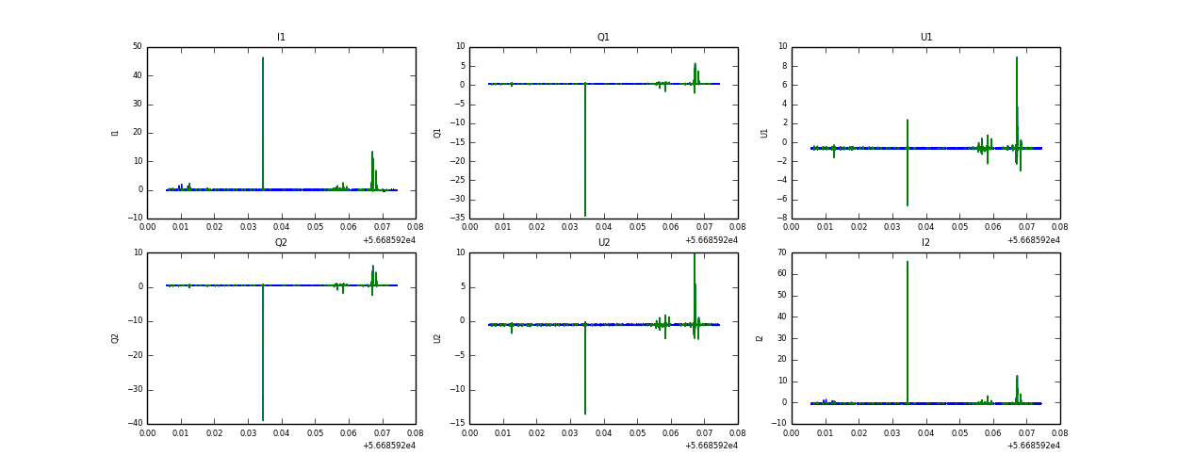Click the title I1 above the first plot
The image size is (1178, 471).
coord(281,38)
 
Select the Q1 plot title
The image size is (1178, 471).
coord(603,38)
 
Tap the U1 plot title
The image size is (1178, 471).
coord(925,38)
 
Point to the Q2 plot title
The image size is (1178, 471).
coord(281,243)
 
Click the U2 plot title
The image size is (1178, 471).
coord(603,243)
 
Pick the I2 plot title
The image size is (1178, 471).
coord(925,243)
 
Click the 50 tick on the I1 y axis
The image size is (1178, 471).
coord(138,47)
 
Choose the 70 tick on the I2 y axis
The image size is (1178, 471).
coord(780,252)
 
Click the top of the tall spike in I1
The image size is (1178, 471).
coord(263,58)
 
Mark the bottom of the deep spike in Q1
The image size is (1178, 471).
coord(585,215)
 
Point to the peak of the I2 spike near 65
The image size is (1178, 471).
coord(908,262)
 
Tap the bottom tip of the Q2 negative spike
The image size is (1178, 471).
coord(263,420)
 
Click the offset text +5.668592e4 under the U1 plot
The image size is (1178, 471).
coord(1033,240)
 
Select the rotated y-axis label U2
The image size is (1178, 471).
coord(437,338)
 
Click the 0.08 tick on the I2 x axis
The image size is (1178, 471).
coord(1059,434)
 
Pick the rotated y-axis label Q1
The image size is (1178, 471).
coord(437,133)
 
